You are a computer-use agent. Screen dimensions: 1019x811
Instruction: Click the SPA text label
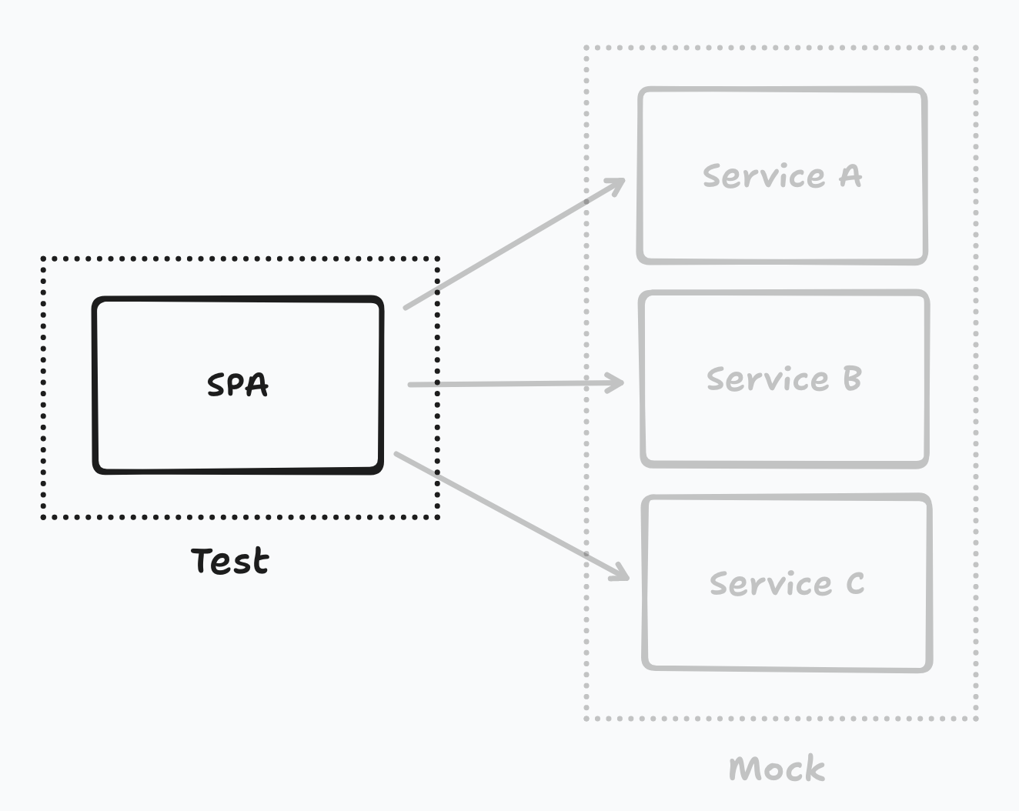coord(238,385)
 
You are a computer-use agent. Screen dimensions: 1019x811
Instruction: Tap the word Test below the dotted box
coord(230,561)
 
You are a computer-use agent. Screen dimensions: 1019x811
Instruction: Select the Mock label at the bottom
coord(777,768)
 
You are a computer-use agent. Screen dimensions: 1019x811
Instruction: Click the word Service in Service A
coord(764,175)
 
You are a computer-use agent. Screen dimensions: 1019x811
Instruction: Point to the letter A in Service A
coord(850,175)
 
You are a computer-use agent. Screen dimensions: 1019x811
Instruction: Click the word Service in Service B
coord(767,379)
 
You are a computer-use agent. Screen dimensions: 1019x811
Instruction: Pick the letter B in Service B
coord(852,379)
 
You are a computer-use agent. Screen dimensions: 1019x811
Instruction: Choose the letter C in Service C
coord(855,582)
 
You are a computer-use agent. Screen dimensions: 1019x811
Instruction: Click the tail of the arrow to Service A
coord(405,309)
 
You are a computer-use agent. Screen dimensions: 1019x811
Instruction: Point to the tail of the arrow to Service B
coord(409,385)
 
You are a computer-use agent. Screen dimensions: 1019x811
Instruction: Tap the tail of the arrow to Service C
coord(396,454)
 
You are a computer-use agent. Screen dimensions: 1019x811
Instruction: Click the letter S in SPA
coord(217,385)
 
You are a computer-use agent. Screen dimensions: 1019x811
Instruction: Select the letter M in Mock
coord(744,768)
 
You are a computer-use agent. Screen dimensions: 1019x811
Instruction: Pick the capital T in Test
coord(202,560)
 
